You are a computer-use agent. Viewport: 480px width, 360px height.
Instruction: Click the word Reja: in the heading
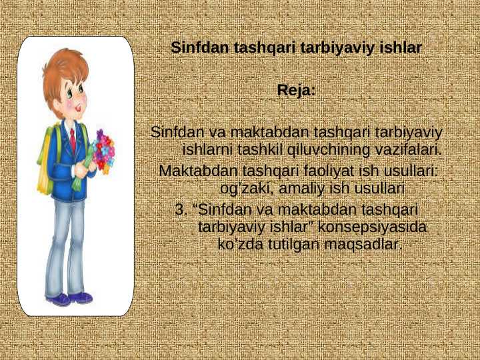pos(296,91)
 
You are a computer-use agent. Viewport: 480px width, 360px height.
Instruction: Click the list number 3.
pos(180,210)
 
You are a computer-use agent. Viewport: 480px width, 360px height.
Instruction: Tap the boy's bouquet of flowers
pos(103,152)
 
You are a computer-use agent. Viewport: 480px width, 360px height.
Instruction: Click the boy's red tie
pos(73,139)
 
